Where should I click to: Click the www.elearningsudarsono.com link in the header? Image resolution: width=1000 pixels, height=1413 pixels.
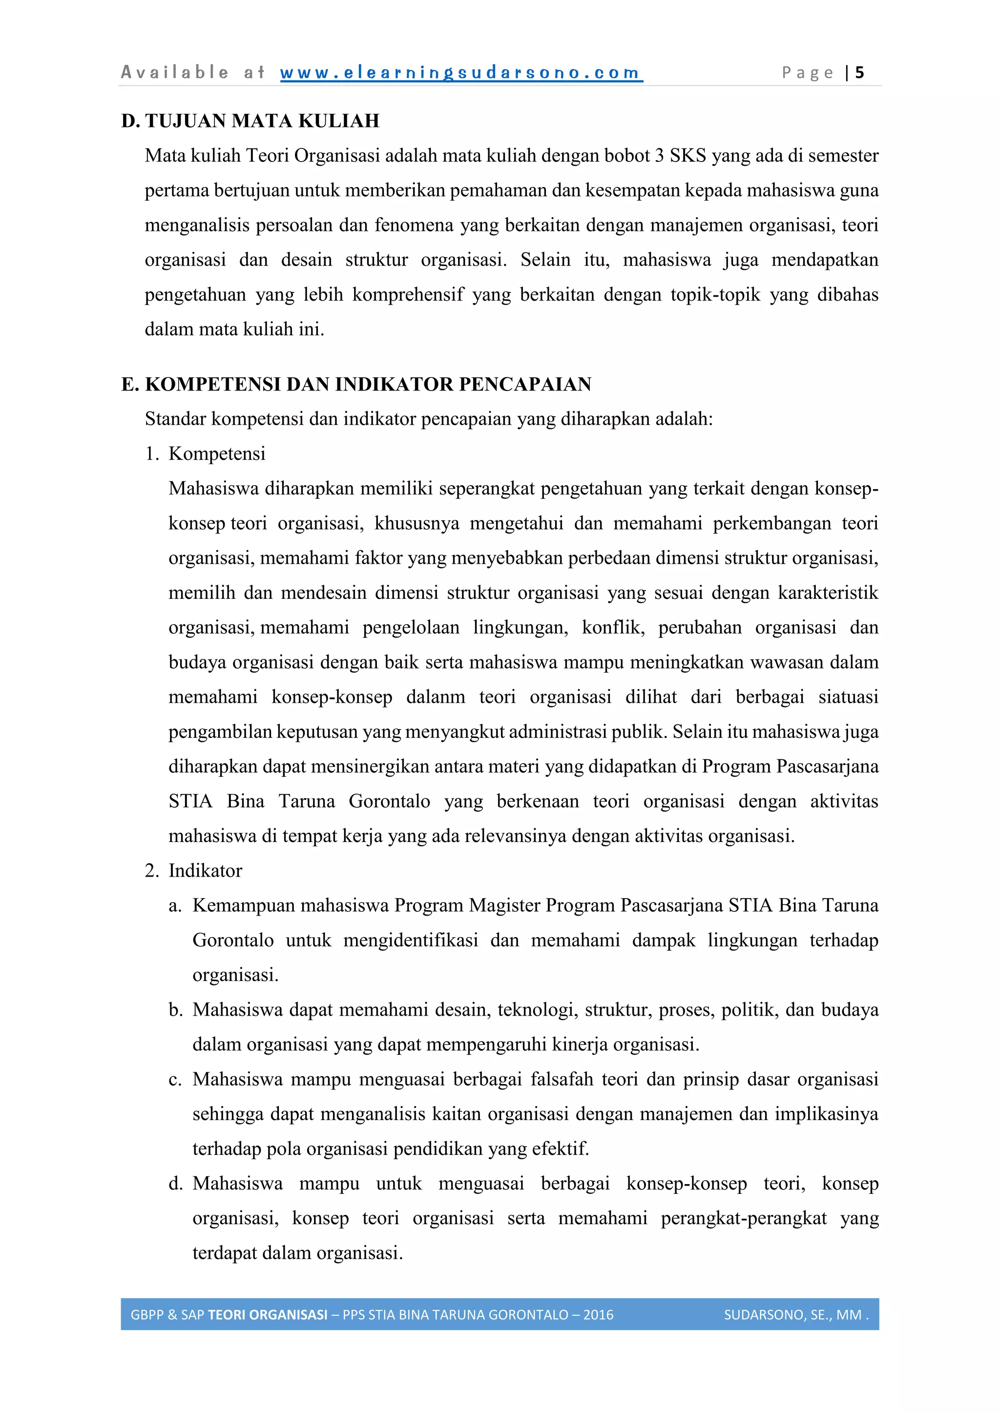pyautogui.click(x=461, y=73)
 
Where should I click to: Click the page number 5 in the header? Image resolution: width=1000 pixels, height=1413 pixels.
pyautogui.click(x=859, y=73)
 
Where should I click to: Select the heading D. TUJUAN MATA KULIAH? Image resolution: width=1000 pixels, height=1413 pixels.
pyautogui.click(x=250, y=121)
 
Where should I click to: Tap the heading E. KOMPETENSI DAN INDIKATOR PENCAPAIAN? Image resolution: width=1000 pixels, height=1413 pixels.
pyautogui.click(x=356, y=384)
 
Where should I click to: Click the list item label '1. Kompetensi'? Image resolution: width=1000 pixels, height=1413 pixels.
pyautogui.click(x=205, y=453)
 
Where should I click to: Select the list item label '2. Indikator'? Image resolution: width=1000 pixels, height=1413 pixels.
pyautogui.click(x=193, y=870)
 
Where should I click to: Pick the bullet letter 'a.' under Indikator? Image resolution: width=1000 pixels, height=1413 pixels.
pyautogui.click(x=175, y=905)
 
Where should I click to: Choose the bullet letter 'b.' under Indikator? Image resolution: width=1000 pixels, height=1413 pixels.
pyautogui.click(x=175, y=1010)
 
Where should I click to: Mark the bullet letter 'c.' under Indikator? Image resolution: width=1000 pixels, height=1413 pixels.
pyautogui.click(x=175, y=1080)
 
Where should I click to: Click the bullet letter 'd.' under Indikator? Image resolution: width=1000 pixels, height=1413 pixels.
pyautogui.click(x=175, y=1184)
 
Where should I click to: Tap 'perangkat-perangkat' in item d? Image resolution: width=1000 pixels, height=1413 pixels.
pyautogui.click(x=743, y=1219)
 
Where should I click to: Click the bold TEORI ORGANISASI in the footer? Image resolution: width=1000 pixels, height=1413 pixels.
pyautogui.click(x=268, y=1315)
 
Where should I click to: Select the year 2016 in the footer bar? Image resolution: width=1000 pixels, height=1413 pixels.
pyautogui.click(x=598, y=1315)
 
